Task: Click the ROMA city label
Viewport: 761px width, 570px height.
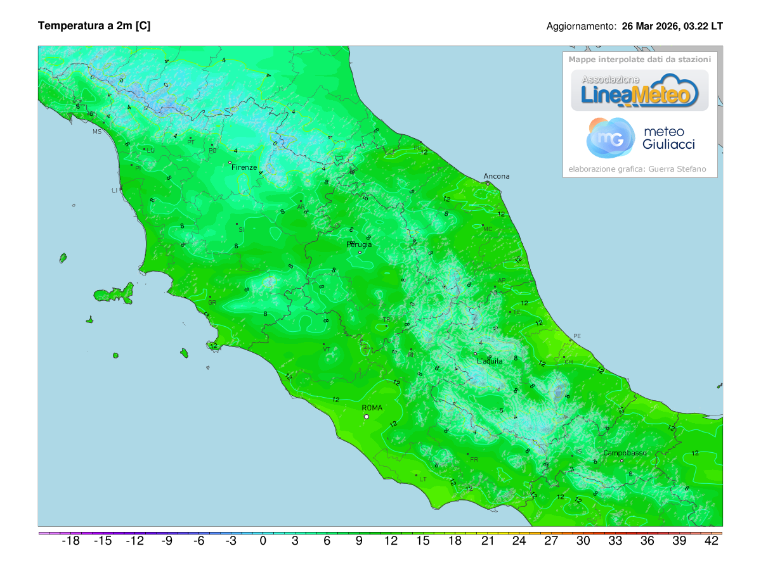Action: click(x=372, y=408)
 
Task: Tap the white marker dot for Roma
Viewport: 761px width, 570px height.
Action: click(x=366, y=417)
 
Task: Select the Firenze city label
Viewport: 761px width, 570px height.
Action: click(x=244, y=167)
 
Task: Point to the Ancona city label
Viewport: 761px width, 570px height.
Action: click(x=496, y=176)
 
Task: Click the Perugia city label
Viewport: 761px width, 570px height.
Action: click(x=360, y=244)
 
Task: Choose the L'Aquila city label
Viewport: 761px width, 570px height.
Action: click(x=490, y=361)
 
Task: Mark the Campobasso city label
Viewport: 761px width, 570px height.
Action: click(x=625, y=453)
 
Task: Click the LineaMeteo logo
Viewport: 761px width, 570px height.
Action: click(x=639, y=91)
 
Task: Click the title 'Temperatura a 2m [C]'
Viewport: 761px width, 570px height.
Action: click(x=94, y=25)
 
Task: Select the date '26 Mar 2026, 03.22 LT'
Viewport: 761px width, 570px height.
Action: click(x=672, y=27)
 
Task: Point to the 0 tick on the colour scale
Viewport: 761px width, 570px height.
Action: click(x=263, y=541)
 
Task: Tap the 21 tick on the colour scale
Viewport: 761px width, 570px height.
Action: click(x=487, y=541)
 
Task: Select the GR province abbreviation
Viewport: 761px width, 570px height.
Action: click(x=212, y=303)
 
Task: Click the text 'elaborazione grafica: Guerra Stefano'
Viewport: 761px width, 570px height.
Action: click(x=637, y=169)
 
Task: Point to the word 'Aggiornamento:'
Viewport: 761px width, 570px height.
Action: click(x=581, y=27)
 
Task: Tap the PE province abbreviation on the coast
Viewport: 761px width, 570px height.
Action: click(x=576, y=336)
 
